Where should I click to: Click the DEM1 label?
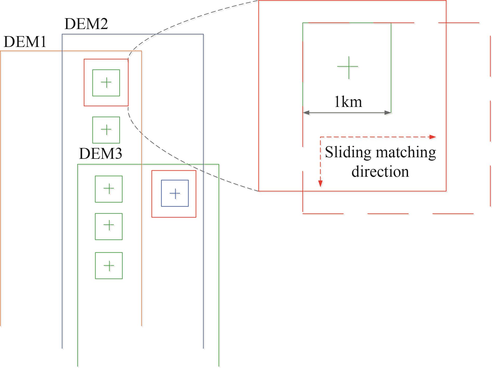click(25, 42)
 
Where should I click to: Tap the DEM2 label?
click(86, 24)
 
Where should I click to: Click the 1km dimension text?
click(348, 102)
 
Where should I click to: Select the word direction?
click(380, 172)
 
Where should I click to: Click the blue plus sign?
click(175, 193)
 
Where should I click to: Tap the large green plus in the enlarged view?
click(348, 67)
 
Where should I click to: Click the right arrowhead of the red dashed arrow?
click(433, 137)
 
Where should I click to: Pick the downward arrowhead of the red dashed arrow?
click(320, 184)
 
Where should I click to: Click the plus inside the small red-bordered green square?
click(106, 83)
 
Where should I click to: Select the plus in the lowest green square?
click(109, 265)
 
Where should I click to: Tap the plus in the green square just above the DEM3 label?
click(106, 130)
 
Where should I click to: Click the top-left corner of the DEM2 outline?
click(62, 34)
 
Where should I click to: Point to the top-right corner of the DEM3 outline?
click(219, 164)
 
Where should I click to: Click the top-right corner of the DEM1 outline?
click(141, 51)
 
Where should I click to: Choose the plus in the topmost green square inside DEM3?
click(109, 189)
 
